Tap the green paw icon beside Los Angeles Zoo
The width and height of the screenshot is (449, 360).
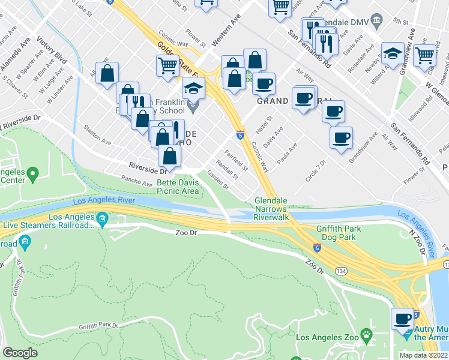[x=366, y=334]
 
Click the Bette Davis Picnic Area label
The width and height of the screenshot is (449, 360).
[x=178, y=187]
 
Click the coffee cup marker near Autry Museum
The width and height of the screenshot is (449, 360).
[x=402, y=318]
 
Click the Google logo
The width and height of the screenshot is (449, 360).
[x=20, y=353]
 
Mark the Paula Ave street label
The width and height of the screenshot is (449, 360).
[x=287, y=155]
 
